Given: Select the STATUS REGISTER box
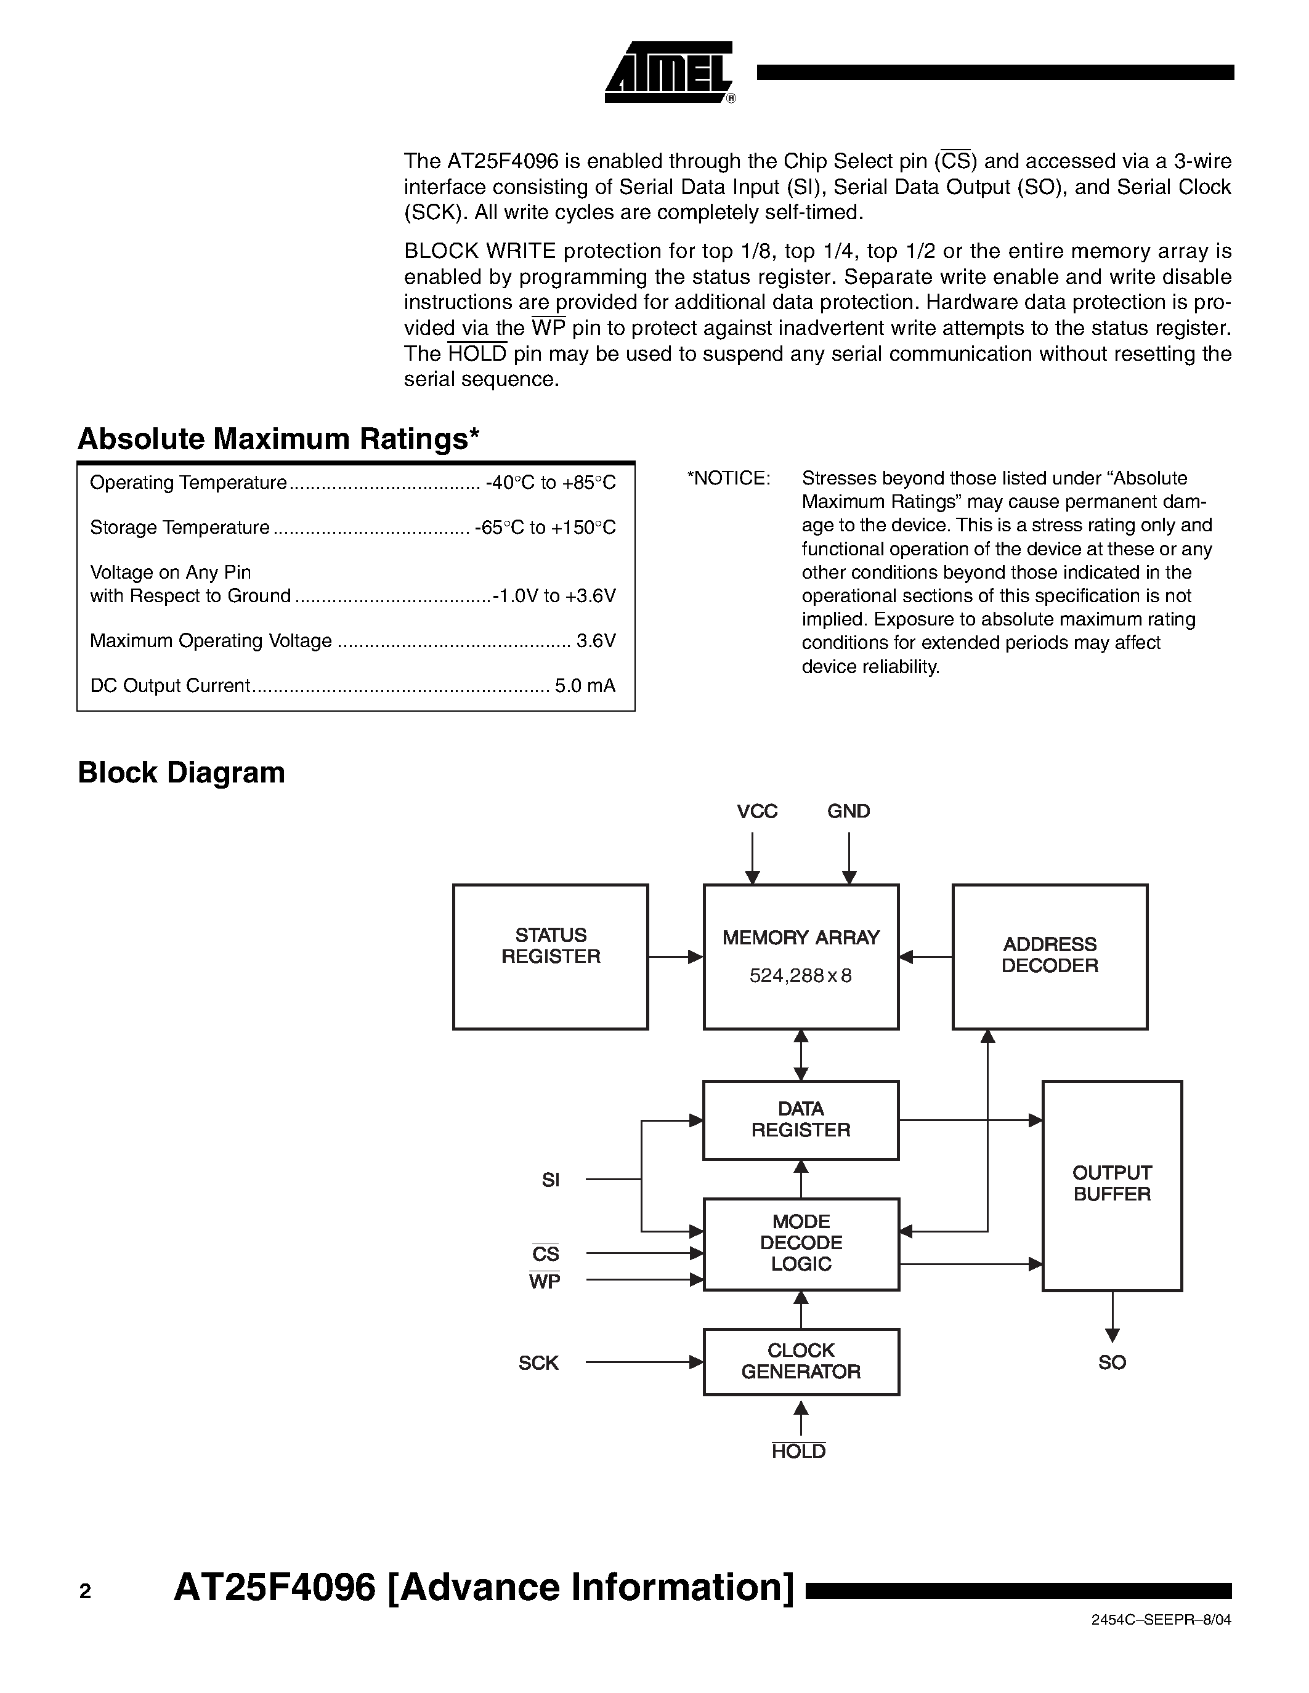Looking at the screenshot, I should point(550,956).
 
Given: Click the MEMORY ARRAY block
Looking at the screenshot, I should point(800,956).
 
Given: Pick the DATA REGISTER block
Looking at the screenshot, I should point(800,1119).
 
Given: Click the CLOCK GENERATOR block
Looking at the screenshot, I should point(800,1361).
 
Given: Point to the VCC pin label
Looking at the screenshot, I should point(757,811).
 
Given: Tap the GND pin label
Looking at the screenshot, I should point(848,811).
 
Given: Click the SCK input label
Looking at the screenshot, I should point(538,1363).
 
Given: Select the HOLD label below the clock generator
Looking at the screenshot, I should point(799,1452).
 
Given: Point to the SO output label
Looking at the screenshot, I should point(1111,1363).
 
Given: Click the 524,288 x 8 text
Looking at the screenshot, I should point(800,976).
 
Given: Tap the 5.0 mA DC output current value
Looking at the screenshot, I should point(585,686).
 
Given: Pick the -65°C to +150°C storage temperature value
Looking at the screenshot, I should point(545,528).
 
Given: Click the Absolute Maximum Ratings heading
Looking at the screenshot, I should point(278,439).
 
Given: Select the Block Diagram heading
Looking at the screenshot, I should point(182,773).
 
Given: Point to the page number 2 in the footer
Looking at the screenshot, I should point(85,1591).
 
